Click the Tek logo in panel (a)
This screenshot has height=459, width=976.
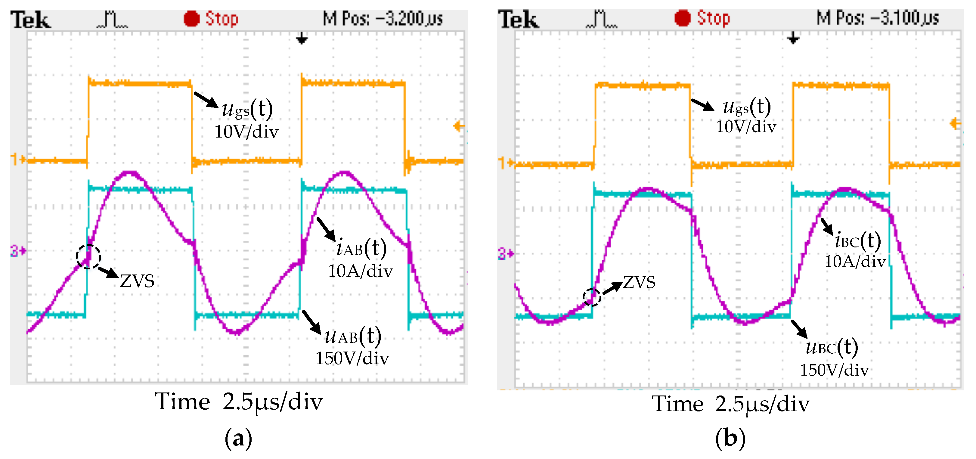pos(30,20)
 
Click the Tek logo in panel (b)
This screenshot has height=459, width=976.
pos(518,20)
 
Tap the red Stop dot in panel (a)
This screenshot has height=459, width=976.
pos(191,19)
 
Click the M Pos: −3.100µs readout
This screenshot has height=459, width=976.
pos(877,18)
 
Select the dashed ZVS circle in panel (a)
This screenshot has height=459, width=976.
pos(88,257)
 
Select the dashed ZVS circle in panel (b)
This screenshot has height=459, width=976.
pos(591,297)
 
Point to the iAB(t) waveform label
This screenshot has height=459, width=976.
pos(361,248)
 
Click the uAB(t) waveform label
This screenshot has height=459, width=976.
pos(353,336)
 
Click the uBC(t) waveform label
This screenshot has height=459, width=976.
pos(832,347)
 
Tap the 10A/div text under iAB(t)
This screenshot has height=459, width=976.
pos(360,271)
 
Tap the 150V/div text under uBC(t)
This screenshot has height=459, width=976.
pos(834,370)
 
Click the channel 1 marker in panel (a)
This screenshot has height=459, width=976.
pos(17,159)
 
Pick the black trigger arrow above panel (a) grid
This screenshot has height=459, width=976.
pos(301,38)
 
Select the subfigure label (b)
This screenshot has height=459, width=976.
pos(730,438)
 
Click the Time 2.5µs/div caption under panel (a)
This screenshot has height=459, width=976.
pos(239,402)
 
